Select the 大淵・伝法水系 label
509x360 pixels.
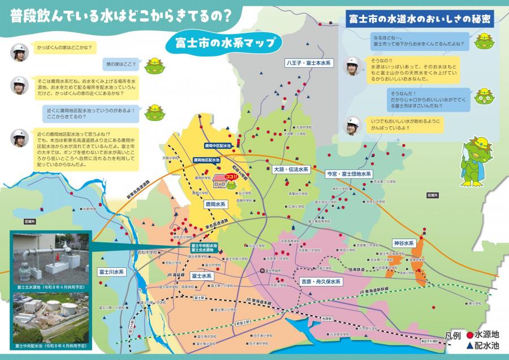pos(291,169)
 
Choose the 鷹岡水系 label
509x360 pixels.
pos(215,203)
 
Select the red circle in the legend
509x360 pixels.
pos(469,335)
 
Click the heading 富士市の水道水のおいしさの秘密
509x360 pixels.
pos(418,19)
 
